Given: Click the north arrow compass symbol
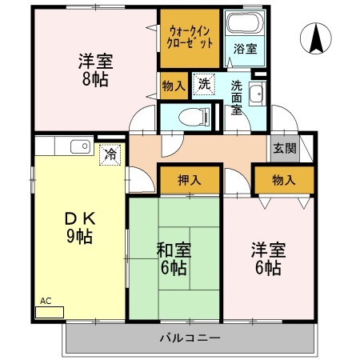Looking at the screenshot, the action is (x=316, y=38).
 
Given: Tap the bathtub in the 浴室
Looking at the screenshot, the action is (x=245, y=23).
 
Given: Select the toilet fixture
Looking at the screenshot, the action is (x=194, y=117).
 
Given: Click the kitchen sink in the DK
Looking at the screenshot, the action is (x=80, y=146).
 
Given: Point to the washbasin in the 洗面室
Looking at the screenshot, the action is (x=257, y=94).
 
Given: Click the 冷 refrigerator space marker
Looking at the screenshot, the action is (x=110, y=154).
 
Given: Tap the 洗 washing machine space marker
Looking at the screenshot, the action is (x=204, y=84).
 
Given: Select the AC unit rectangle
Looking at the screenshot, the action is (x=50, y=312).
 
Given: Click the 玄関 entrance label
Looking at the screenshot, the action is (x=285, y=148).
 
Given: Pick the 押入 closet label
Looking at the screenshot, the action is (x=190, y=180).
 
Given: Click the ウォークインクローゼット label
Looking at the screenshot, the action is (x=190, y=38).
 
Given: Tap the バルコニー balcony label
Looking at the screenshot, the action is (x=190, y=338).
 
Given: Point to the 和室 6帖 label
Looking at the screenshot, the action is (x=174, y=259).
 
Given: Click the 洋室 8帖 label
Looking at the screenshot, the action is (x=96, y=70).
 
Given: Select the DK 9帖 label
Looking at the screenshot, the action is (x=80, y=227).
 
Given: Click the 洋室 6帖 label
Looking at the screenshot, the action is (x=268, y=258).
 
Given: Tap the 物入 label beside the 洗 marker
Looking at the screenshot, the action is (x=174, y=86).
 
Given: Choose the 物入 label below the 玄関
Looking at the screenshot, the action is (x=284, y=180).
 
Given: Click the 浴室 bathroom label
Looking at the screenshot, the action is (x=246, y=49).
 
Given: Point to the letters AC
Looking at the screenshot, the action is (x=46, y=301).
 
